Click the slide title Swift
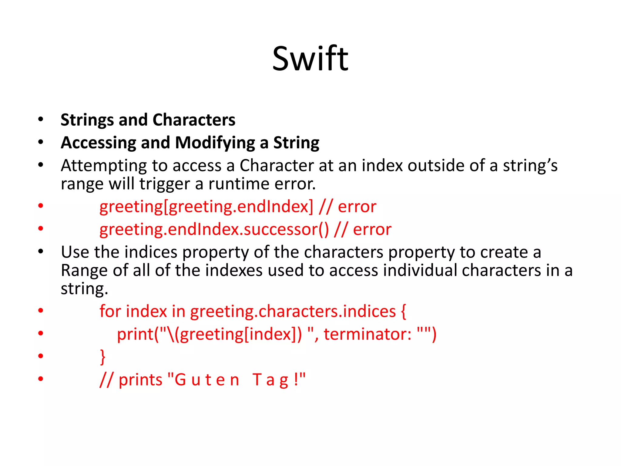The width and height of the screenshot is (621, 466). tap(310, 58)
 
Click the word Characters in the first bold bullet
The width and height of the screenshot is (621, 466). tap(194, 120)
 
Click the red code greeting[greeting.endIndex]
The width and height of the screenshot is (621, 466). tap(206, 207)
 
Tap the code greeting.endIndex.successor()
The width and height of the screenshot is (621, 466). tap(214, 230)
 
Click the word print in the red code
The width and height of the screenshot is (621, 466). tap(135, 335)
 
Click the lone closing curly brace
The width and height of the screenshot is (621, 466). tap(103, 357)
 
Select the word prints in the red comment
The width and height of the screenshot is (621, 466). tap(140, 380)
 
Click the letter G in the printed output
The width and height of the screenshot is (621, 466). tap(180, 380)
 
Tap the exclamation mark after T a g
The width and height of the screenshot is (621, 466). tap(296, 380)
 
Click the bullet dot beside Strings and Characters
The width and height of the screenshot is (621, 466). tap(41, 119)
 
